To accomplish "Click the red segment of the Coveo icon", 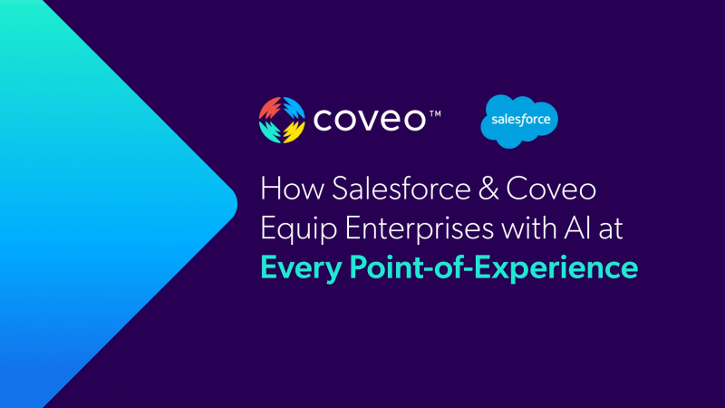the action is click(270, 109).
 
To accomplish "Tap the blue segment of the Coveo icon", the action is click(294, 108).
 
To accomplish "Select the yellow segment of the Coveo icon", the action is click(294, 131).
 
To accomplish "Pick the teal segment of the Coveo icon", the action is click(270, 131).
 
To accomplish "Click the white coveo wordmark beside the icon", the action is click(370, 120).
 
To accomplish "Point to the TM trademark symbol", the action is click(435, 114).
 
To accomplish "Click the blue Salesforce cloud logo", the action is click(519, 121).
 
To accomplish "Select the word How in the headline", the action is click(292, 189).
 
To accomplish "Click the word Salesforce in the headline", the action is click(401, 189).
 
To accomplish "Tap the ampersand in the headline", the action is click(488, 189).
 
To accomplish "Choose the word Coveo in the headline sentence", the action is click(551, 189).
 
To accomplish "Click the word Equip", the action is click(299, 229).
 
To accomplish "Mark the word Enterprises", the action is click(420, 229).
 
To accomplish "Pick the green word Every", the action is click(301, 268).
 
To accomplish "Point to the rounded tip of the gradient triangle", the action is click(236, 203).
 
